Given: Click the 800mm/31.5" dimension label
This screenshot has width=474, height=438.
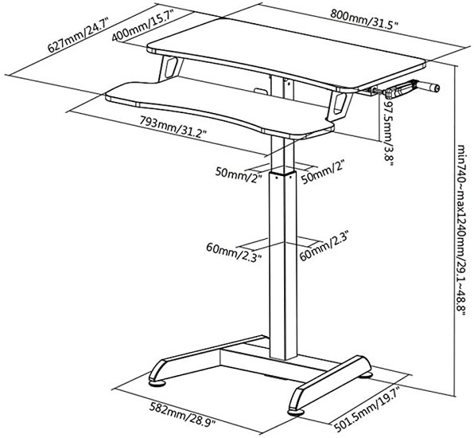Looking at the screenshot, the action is pyautogui.click(x=363, y=20).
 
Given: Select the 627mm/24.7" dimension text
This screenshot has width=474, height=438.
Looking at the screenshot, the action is pyautogui.click(x=78, y=35).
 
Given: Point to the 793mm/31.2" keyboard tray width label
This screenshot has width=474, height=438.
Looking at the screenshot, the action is pyautogui.click(x=173, y=127).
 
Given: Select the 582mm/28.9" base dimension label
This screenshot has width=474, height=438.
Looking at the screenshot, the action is pyautogui.click(x=182, y=414).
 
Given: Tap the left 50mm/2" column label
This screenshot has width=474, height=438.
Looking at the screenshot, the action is pyautogui.click(x=239, y=175).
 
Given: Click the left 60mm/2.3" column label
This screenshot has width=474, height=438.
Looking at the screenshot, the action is pyautogui.click(x=234, y=252).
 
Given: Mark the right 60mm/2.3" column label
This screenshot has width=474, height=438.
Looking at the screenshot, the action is pyautogui.click(x=324, y=246).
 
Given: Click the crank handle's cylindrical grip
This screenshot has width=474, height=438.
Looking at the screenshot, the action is pyautogui.click(x=430, y=87).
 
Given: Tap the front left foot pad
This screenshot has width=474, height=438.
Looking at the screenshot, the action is pyautogui.click(x=157, y=383).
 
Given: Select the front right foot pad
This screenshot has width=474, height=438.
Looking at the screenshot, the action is pyautogui.click(x=297, y=412).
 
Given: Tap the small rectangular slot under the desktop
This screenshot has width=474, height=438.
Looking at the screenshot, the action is pyautogui.click(x=260, y=91).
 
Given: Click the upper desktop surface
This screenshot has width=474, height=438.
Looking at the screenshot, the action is pyautogui.click(x=287, y=52).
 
